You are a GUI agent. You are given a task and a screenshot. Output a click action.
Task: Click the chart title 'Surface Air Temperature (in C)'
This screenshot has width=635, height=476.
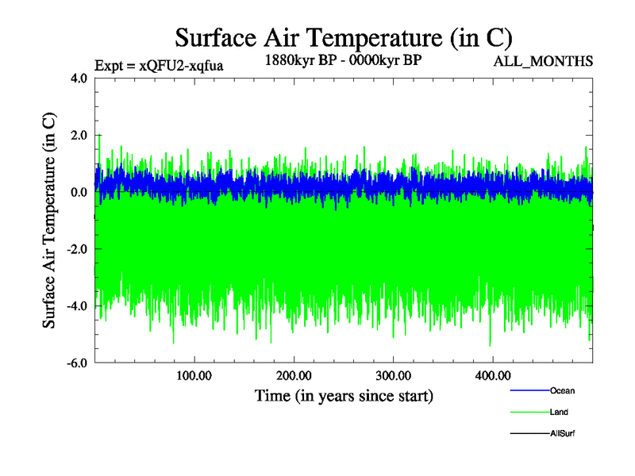tap(344, 37)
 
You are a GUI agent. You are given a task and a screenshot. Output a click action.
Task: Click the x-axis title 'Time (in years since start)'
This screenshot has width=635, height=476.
tap(344, 394)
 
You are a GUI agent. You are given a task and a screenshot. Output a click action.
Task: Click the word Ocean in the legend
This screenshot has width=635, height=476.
tap(562, 391)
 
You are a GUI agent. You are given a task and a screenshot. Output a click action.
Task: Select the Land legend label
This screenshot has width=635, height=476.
tap(559, 413)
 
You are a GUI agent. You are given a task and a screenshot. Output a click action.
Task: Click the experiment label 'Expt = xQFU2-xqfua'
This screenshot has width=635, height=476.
tap(159, 66)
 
